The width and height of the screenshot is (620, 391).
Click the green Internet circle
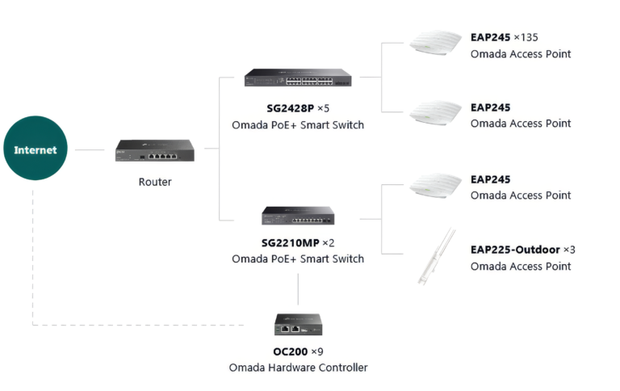pos(36,148)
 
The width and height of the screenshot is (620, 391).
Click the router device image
pos(155,150)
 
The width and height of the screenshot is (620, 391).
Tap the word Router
pos(155,182)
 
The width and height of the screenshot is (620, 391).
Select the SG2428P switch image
pos(298,78)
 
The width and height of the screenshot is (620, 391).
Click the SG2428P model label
pos(291,108)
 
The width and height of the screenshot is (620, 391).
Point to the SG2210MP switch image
pos(298,216)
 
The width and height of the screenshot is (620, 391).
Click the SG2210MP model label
pos(291,242)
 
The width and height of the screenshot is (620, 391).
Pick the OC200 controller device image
pos(298,325)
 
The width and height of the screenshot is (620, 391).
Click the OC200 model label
pos(291,351)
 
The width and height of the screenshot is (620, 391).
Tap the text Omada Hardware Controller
pos(298,368)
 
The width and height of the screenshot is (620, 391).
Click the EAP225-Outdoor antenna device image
pos(437,256)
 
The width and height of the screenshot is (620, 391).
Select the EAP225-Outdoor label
pos(515,250)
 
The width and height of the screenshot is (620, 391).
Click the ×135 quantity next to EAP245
pos(526,38)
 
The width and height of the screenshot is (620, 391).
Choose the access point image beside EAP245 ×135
pos(435,42)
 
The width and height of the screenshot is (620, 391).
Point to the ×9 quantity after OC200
pos(317,351)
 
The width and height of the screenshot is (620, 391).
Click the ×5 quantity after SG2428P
pos(324,108)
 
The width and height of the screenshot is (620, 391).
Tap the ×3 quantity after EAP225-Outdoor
pos(569,250)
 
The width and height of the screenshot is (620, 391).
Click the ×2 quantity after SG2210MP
pos(329,242)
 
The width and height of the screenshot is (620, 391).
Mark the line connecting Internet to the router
pos(90,150)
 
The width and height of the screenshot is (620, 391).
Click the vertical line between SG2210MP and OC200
pos(298,289)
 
